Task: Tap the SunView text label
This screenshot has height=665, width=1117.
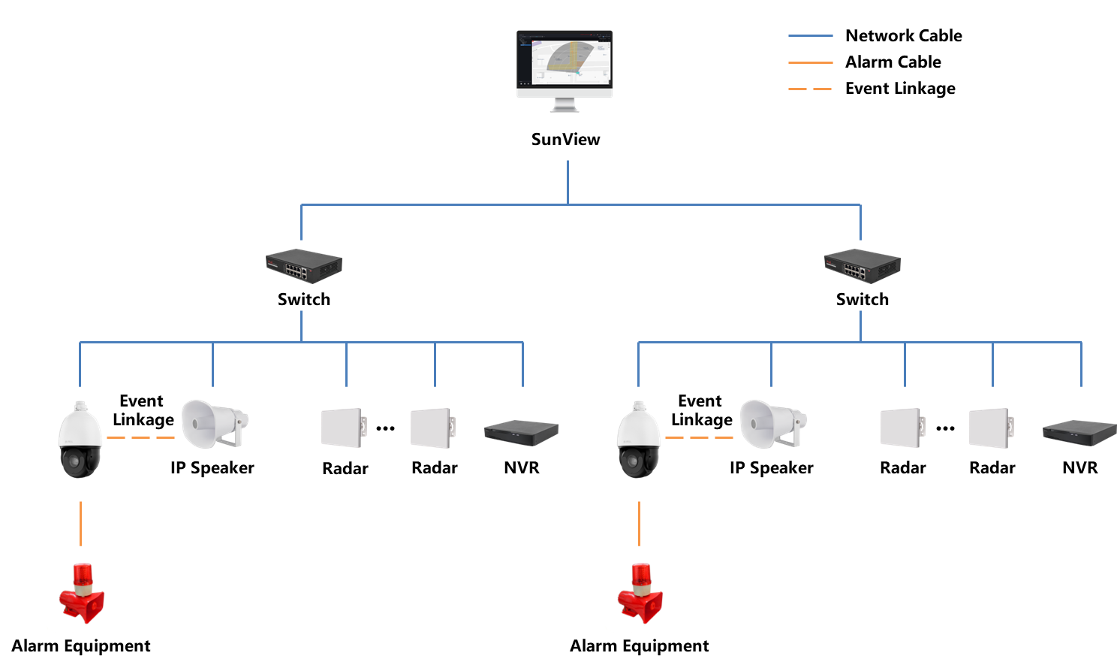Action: coord(565,139)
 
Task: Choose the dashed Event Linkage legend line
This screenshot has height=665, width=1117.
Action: coord(810,89)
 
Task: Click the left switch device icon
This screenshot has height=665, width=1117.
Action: coord(303,265)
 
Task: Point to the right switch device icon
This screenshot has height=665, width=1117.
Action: coord(862,265)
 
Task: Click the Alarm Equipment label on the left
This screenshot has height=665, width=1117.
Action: coord(81,645)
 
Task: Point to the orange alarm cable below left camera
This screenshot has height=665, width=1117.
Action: coord(80,523)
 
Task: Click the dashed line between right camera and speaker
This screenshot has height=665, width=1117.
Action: coord(699,437)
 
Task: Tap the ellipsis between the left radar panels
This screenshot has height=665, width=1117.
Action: coord(385,428)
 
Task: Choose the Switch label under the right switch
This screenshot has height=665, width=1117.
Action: coord(862,299)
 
